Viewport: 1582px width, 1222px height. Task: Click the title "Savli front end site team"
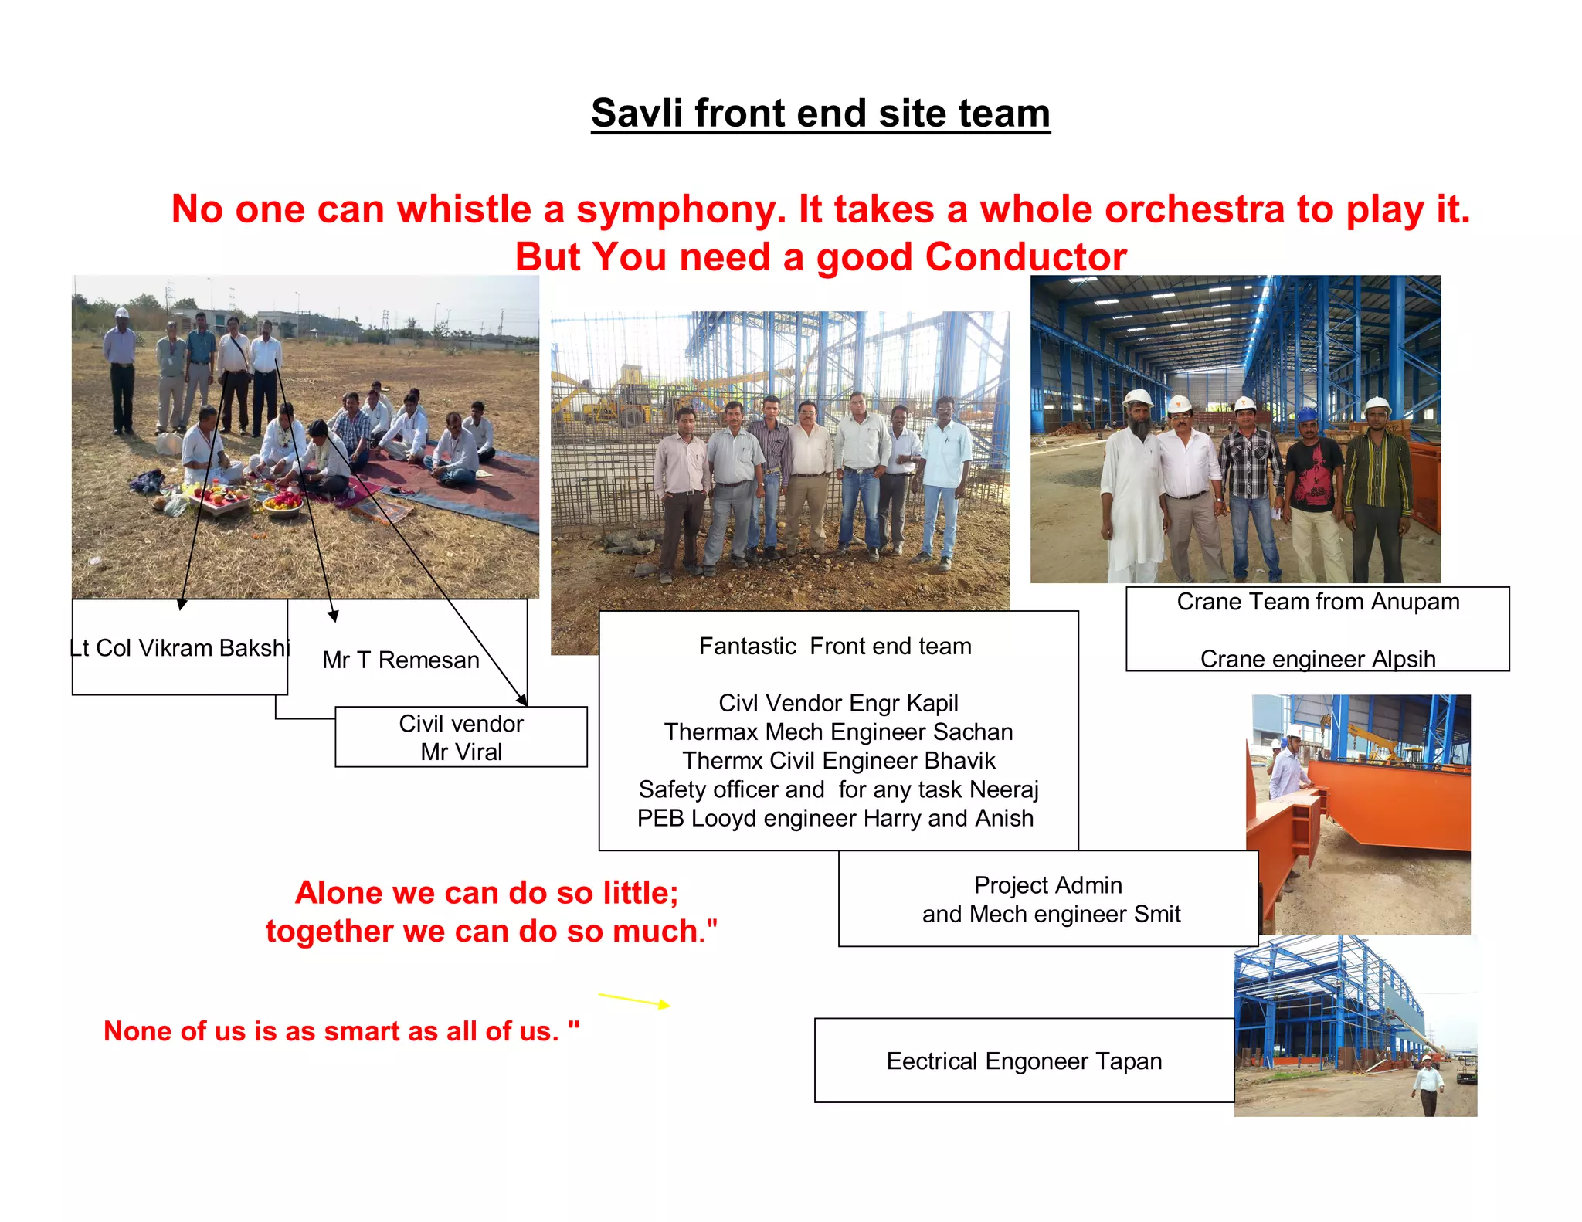[x=820, y=114]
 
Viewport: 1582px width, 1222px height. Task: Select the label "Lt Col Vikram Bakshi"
[x=180, y=648]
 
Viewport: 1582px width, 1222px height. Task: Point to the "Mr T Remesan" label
[x=401, y=660]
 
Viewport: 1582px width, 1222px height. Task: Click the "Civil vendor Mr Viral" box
[x=461, y=737]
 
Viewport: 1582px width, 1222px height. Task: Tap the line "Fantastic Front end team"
[x=835, y=647]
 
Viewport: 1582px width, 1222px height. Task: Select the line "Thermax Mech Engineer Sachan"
[x=838, y=732]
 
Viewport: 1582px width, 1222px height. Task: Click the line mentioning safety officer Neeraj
[x=838, y=789]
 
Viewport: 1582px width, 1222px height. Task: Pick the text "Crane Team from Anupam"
[x=1318, y=602]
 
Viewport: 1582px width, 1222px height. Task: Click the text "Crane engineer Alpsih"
[x=1318, y=659]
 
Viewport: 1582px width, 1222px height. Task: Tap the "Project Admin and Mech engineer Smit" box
[x=1048, y=899]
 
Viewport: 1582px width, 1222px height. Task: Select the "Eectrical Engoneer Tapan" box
[x=1024, y=1061]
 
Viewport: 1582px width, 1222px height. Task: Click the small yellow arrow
[x=634, y=1000]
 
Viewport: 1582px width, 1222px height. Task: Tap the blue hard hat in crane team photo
[x=1306, y=415]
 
